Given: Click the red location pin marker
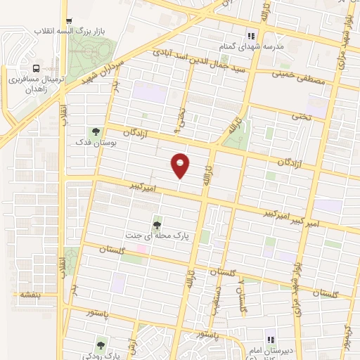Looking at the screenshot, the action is (x=181, y=165).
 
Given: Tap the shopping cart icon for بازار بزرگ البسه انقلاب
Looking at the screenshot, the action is (x=67, y=22).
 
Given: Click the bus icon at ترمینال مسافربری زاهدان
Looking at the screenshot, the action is (x=36, y=69).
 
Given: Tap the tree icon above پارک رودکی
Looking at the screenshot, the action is (x=101, y=345).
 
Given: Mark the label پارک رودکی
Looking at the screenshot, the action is (x=100, y=356).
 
